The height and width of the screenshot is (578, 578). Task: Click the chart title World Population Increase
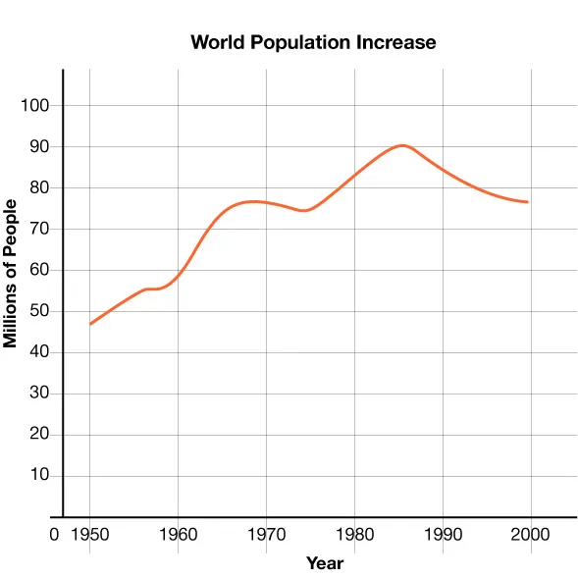pos(313,42)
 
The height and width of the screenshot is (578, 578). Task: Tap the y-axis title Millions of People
pos(12,274)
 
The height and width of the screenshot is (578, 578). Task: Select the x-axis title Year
pos(325,563)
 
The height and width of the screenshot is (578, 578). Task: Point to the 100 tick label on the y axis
pos(35,106)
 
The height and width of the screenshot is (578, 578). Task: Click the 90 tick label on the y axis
pos(39,147)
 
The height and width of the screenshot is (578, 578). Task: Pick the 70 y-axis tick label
pos(39,230)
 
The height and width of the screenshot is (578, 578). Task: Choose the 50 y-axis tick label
pos(39,312)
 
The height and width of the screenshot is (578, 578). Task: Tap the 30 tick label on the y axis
pos(39,394)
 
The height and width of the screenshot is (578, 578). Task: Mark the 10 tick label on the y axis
pos(39,477)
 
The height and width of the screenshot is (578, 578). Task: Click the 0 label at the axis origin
pos(55,535)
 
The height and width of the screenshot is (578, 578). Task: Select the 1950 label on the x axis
pos(89,535)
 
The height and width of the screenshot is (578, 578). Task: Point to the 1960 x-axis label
pos(178,535)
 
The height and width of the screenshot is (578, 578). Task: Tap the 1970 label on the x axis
pos(266,535)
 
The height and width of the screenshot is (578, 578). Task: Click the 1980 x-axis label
pos(354,535)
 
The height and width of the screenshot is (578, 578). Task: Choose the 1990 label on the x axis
pos(443,535)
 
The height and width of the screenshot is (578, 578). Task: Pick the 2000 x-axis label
pos(531,535)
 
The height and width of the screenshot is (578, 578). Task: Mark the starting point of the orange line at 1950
pos(90,324)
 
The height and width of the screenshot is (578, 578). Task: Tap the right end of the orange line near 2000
pos(528,202)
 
